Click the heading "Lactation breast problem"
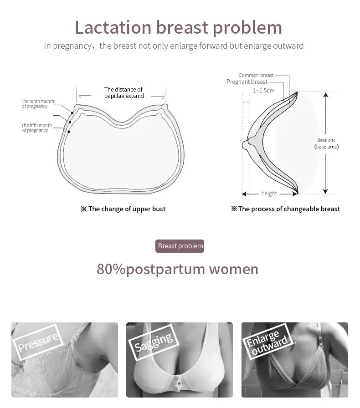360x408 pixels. click(x=178, y=27)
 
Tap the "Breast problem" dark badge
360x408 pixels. click(x=180, y=246)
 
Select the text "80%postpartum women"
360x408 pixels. click(x=177, y=269)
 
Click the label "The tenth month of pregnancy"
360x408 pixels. click(x=37, y=104)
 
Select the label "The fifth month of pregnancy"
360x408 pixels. click(x=36, y=128)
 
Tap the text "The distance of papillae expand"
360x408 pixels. click(x=123, y=93)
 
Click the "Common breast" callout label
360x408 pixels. click(x=256, y=75)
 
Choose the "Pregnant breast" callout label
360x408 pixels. click(x=247, y=82)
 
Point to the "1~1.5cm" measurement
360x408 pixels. click(x=264, y=91)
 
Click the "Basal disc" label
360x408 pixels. click(x=326, y=140)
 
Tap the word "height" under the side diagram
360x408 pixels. click(x=269, y=194)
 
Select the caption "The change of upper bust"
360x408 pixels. click(x=123, y=209)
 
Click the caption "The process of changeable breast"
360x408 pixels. click(x=286, y=209)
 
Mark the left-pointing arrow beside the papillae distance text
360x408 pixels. click(x=85, y=96)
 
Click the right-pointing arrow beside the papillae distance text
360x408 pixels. click(x=158, y=96)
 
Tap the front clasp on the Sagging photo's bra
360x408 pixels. click(x=179, y=381)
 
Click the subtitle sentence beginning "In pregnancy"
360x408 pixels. click(x=174, y=46)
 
